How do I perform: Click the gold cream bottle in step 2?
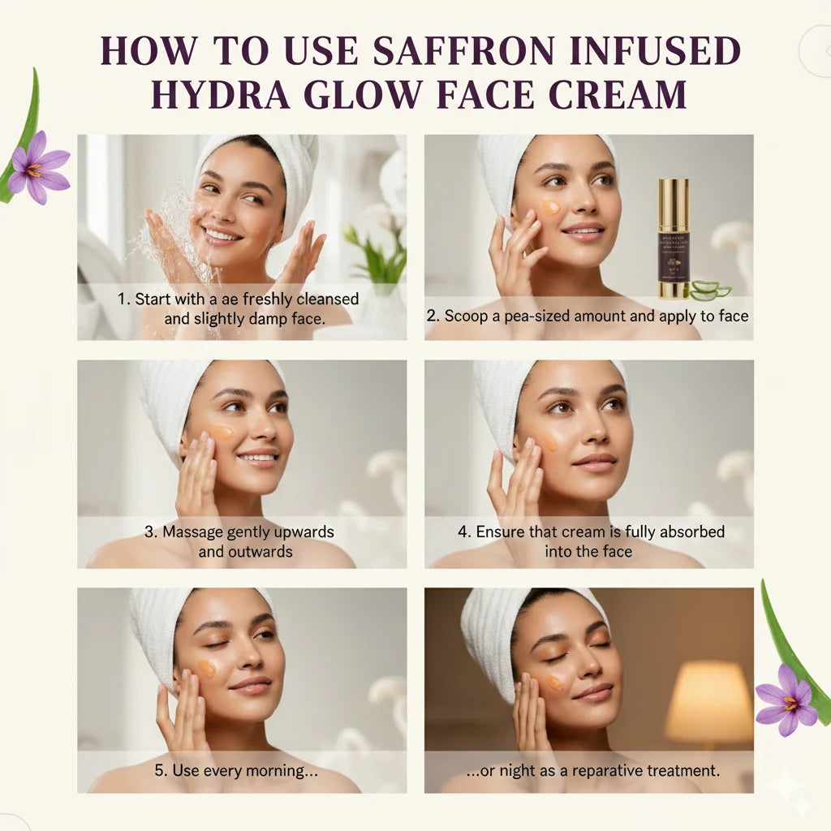pos(673,239)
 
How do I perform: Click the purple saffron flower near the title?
pos(37,166)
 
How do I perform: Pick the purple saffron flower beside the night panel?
pos(786,700)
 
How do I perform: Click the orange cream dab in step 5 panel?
pos(207,668)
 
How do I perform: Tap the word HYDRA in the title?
pos(214,94)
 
